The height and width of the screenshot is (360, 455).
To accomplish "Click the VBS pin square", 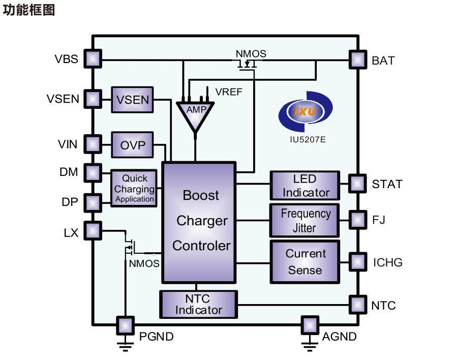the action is point(93,58).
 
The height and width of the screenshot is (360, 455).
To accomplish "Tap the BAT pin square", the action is point(357,59).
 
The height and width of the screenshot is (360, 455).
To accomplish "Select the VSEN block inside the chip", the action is point(132,100).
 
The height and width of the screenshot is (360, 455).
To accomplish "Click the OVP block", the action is point(132,145).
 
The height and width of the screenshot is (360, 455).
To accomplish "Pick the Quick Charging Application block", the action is point(134,189).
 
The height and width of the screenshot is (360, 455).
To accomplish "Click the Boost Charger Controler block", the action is point(199,222).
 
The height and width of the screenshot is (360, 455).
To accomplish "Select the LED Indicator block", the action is point(305,186).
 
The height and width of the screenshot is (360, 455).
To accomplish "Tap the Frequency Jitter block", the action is point(305,221).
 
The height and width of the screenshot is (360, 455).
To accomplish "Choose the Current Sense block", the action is point(305,262).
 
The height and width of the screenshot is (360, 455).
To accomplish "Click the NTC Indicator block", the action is point(198,304).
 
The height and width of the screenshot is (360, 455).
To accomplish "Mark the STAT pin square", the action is point(357,184).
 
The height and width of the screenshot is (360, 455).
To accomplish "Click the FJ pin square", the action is point(357,220).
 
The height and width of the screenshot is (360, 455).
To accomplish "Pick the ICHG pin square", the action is point(357,262).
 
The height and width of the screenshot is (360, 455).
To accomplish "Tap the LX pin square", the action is point(93,231).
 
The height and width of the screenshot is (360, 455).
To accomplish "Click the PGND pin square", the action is point(126,325).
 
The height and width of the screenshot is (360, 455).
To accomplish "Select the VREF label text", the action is point(229,92).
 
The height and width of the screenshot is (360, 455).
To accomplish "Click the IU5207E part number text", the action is point(308,140).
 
